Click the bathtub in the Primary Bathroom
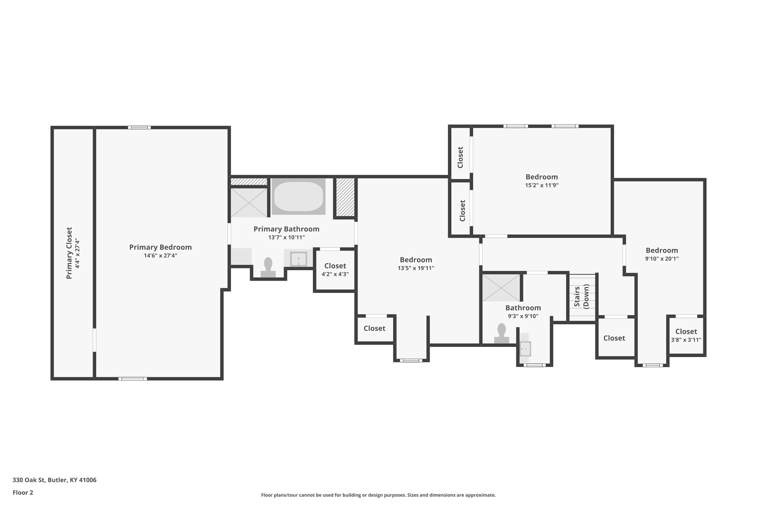pos(298,196)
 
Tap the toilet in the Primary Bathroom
pos(268,267)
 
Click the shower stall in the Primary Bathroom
pos(249,203)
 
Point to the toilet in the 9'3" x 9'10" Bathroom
pos(501,333)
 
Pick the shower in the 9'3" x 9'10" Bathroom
pos(501,288)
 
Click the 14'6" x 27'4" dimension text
pos(160,256)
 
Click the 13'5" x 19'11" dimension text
pos(416,268)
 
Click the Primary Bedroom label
pos(160,247)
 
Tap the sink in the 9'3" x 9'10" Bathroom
pos(525,349)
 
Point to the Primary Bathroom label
pos(286,229)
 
